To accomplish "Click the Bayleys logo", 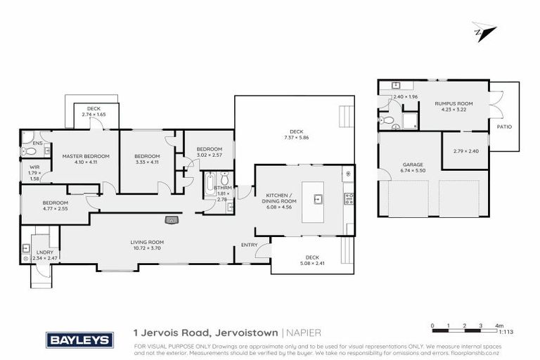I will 79,340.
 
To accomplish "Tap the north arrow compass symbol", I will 484,32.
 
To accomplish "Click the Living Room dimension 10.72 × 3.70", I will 146,248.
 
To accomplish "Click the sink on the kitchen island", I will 318,199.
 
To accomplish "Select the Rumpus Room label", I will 454,103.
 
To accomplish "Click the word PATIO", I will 504,127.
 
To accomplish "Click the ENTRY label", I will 249,245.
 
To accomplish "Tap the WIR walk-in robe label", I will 34,167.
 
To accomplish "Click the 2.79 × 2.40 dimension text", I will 465,151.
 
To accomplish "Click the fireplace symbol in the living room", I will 171,219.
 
